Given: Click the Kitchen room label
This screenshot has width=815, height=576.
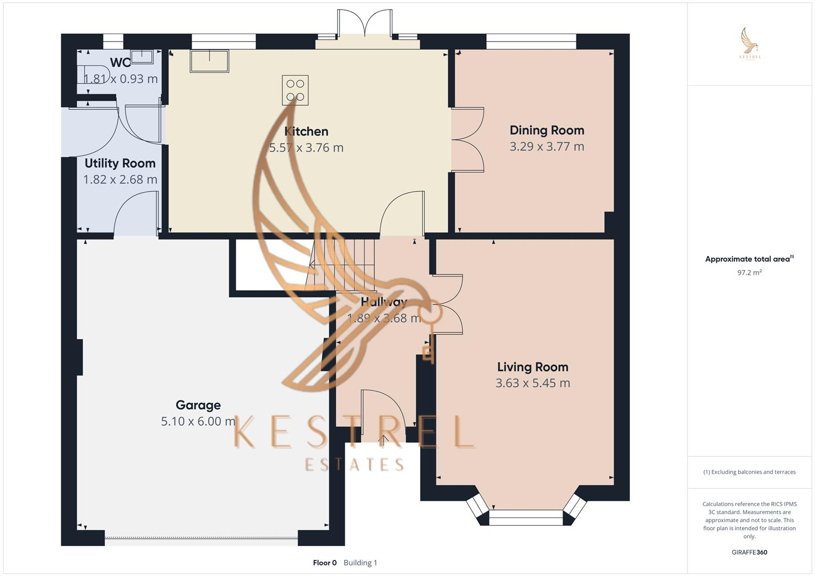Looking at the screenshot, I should pos(306,131).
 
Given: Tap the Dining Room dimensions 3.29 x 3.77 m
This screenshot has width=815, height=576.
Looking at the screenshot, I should pos(547,147).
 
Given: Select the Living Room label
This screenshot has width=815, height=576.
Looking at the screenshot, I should pos(532,367).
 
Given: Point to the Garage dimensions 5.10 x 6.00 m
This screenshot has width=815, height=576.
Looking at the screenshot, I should pos(198,421).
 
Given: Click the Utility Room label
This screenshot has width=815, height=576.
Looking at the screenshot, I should pos(120,163).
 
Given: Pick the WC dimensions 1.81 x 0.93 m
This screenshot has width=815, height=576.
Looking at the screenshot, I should pos(121,79).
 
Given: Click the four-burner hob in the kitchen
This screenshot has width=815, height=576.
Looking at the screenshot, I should pos(295,90).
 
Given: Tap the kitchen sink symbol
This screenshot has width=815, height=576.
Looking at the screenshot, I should pos(209,61).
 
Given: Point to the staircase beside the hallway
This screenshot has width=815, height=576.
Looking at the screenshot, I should pos(342,265).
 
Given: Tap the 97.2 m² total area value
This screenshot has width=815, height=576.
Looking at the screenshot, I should pos(749,273).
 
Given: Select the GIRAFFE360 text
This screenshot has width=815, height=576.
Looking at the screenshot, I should pos(749,553).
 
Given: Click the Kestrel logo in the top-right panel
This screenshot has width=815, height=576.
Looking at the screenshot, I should pos(750,44).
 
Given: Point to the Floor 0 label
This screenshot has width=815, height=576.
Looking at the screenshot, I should pos(325,563).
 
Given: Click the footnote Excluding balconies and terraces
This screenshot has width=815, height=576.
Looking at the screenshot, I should pos(749,472).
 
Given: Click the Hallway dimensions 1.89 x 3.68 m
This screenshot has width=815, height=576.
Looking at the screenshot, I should pos(384,318).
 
